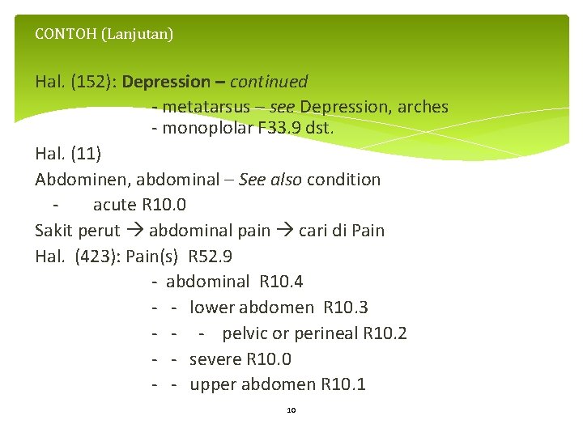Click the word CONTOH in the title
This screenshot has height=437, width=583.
(x=61, y=34)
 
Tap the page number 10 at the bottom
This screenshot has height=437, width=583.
(x=291, y=410)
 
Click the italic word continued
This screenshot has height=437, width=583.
(x=269, y=82)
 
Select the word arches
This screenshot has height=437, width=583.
(x=422, y=108)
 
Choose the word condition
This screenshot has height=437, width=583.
(x=342, y=180)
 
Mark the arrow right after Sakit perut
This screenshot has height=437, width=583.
(x=134, y=231)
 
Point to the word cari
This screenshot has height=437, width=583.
(x=313, y=231)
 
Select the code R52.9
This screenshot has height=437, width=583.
(x=210, y=257)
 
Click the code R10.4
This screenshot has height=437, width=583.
(x=281, y=282)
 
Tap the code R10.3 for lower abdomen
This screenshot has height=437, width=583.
(x=345, y=308)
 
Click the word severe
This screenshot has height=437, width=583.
(x=215, y=359)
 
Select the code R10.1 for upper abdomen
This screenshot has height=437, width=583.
(x=343, y=384)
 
